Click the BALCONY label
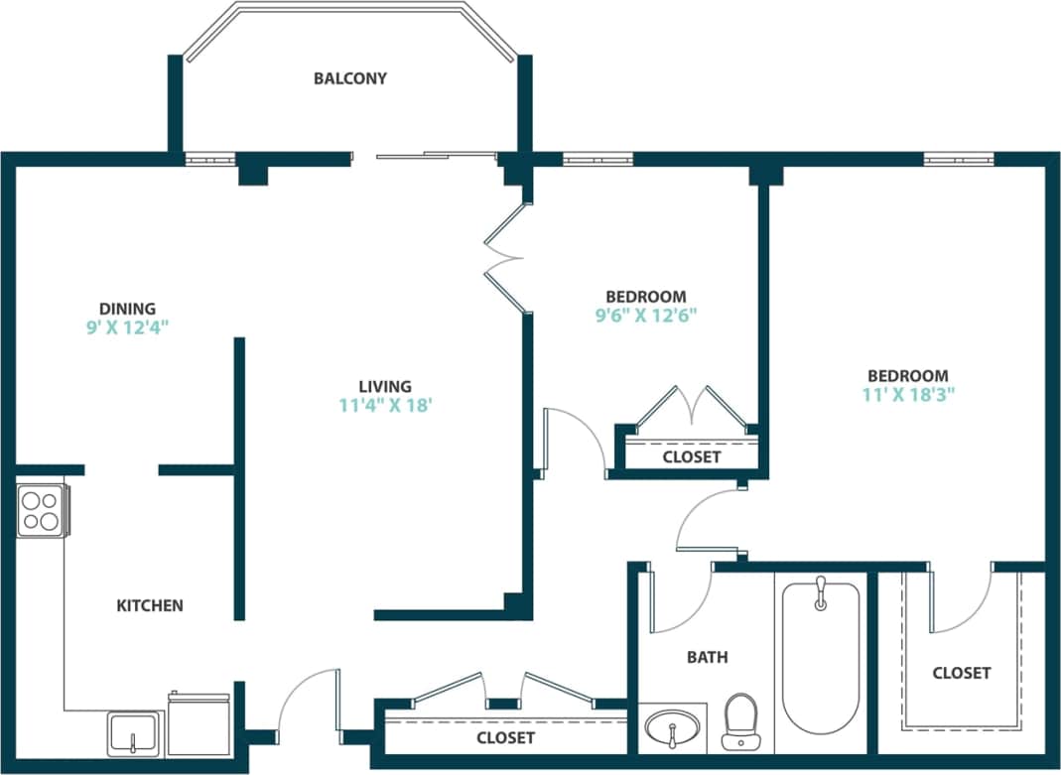(x=349, y=78)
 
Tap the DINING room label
(x=127, y=309)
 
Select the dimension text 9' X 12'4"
(x=127, y=327)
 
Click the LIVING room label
(x=385, y=386)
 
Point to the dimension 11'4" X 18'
(x=385, y=405)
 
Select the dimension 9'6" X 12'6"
(x=645, y=316)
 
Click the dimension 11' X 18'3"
(x=907, y=394)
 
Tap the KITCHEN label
(x=150, y=605)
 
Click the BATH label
(x=707, y=657)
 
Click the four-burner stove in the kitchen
(x=42, y=511)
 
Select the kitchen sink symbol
(x=134, y=734)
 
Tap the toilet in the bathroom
(x=739, y=721)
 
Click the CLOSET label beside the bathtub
(x=961, y=673)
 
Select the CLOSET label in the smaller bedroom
(x=692, y=457)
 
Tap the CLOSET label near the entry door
(x=505, y=738)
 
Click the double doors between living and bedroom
(x=505, y=259)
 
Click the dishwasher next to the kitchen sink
(x=199, y=724)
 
